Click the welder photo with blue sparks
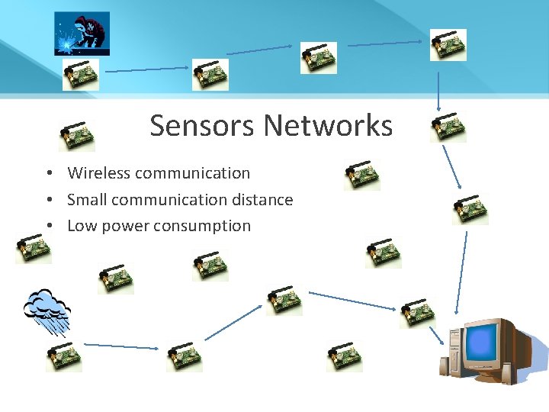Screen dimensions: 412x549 82,33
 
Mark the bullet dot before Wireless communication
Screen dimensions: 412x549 47,174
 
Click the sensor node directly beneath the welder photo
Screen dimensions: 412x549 80,74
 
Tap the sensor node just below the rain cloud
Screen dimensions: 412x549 63,356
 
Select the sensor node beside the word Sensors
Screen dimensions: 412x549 77,136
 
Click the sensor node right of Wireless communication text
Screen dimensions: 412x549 361,175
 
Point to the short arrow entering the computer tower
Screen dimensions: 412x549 437,336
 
